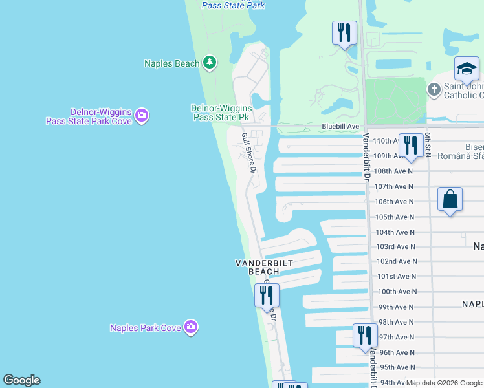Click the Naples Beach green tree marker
[209, 63]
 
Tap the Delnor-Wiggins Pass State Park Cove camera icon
[142, 116]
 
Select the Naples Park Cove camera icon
[190, 327]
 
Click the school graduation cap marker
[467, 69]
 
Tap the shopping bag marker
[450, 199]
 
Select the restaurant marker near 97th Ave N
[365, 336]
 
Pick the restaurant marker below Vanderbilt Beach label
[267, 295]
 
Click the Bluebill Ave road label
[340, 127]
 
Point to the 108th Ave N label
[394, 171]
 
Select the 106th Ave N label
[394, 201]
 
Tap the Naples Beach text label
[171, 63]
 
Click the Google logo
[21, 380]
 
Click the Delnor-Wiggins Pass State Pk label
[221, 113]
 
